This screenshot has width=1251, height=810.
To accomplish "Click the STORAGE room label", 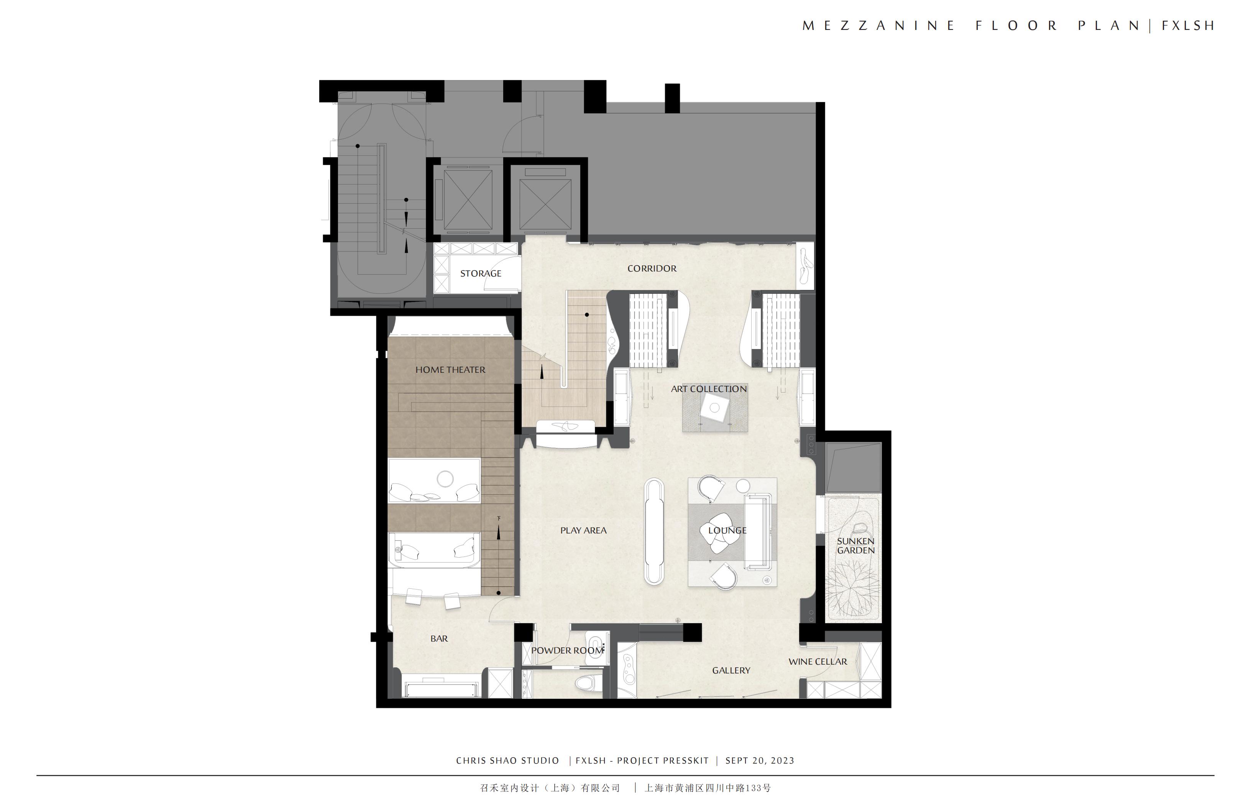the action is coord(480,273).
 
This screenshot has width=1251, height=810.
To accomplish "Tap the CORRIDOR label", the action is coord(652,268).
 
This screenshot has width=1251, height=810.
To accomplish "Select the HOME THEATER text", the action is coord(450,370).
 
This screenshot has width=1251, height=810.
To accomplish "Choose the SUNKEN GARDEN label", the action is coord(856,545).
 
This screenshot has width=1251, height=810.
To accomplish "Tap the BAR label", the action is coord(439,639).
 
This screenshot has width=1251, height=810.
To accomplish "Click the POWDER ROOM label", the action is coord(567,650).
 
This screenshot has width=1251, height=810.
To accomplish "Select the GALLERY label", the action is coord(731,671).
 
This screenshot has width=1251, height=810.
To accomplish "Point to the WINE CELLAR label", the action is coord(818,662).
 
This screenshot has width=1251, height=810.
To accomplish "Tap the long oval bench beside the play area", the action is coord(654,531).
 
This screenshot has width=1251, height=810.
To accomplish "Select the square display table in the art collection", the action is coord(714,408).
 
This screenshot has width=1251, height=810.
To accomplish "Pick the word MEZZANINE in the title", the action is coord(878,26).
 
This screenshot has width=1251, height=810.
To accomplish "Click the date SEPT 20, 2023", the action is coord(760,761).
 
